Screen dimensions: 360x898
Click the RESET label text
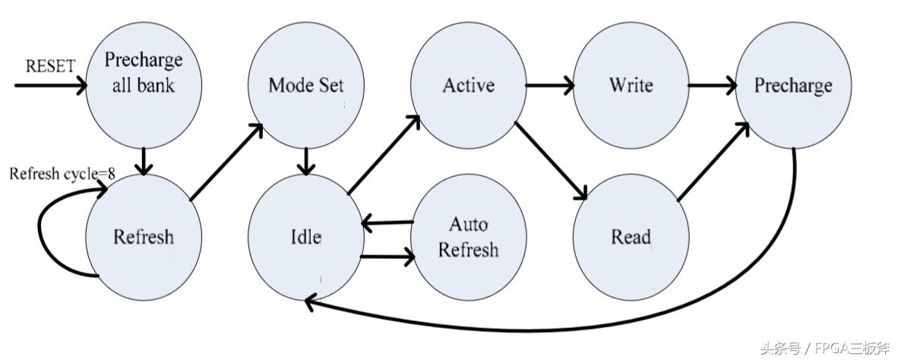coord(50,66)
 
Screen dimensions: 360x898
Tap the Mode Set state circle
coord(305,85)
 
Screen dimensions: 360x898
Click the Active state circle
coord(468,84)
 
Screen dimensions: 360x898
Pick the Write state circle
coord(631,84)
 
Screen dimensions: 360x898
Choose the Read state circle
coord(631,237)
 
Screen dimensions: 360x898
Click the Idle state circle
coord(305,237)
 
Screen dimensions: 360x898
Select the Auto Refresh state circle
coord(468,237)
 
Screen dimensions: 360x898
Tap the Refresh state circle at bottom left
coord(144,237)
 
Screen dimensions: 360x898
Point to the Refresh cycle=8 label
coord(62,174)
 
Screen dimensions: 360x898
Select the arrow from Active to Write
coord(549,85)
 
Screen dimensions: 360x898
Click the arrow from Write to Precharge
coord(712,85)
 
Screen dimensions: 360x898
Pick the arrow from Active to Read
coord(551,159)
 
